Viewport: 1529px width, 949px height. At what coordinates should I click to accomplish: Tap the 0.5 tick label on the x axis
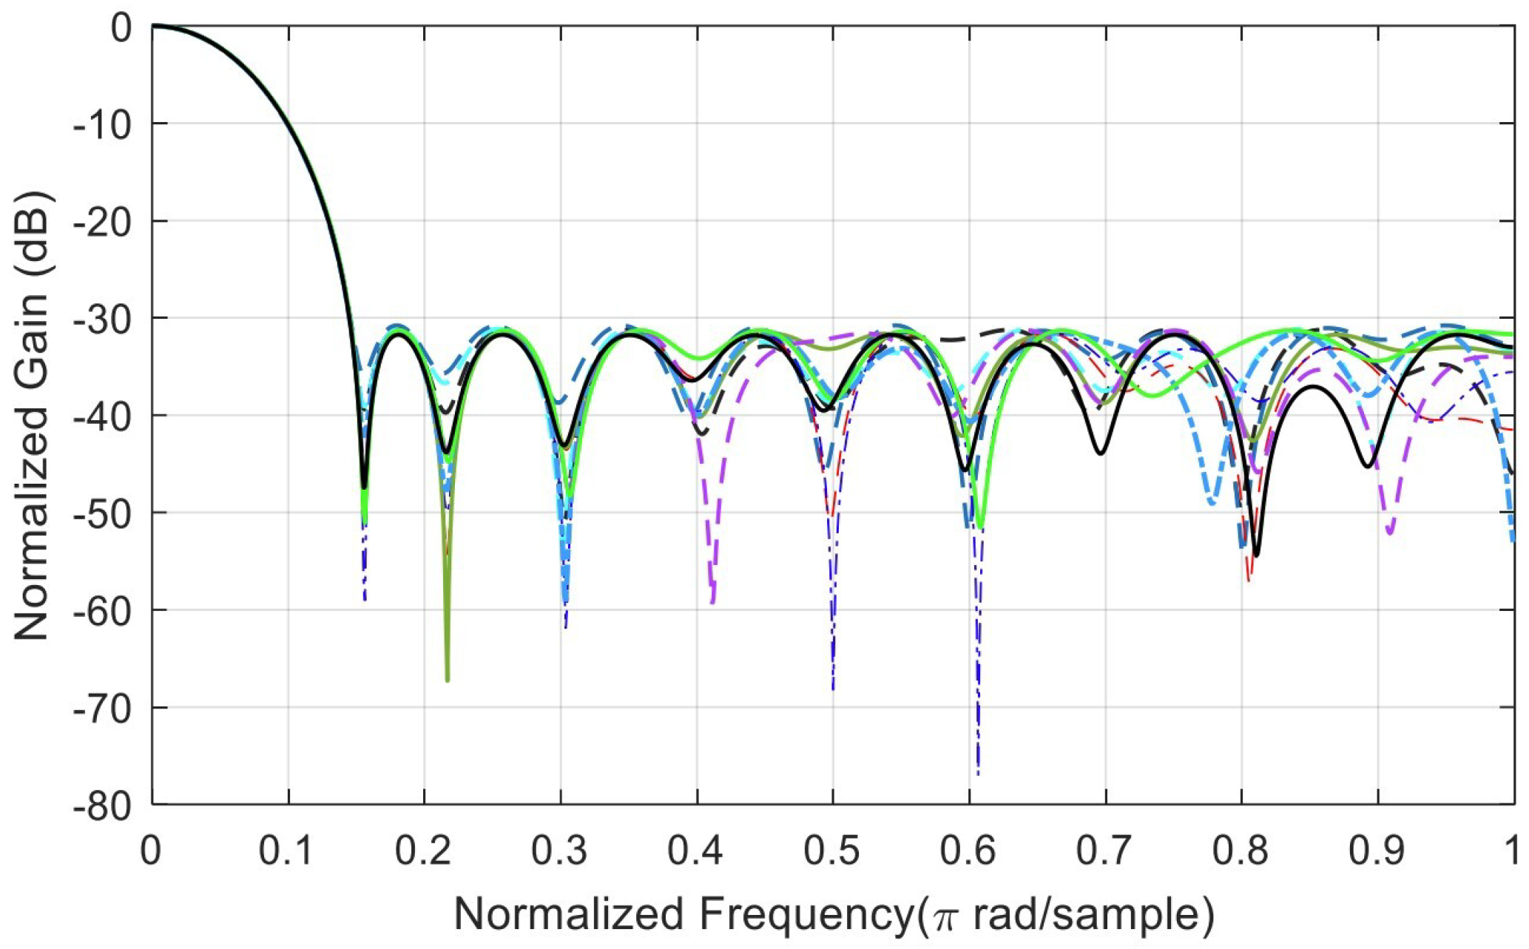click(832, 851)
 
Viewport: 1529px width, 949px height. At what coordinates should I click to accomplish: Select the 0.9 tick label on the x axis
click(1377, 851)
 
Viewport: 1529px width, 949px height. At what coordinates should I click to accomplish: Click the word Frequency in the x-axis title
click(806, 915)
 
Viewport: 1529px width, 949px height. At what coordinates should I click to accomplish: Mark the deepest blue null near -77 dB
click(978, 773)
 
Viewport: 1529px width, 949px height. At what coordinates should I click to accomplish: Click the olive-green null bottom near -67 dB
click(448, 679)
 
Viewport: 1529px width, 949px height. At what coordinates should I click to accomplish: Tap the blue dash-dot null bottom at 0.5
click(833, 688)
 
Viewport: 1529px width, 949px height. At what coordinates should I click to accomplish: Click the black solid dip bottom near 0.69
click(1100, 453)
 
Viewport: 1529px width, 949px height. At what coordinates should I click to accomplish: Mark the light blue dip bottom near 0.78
click(1211, 504)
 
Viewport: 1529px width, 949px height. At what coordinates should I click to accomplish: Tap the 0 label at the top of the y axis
click(121, 28)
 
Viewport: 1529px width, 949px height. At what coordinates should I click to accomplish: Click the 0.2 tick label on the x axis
click(423, 851)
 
